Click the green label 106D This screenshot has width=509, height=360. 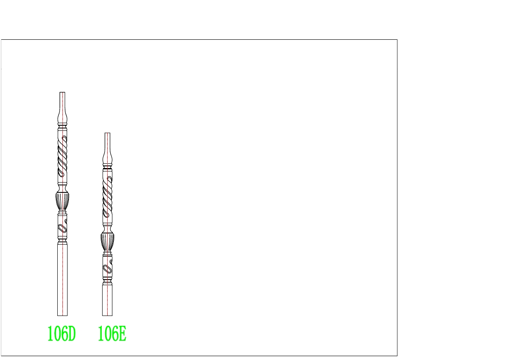point(62,334)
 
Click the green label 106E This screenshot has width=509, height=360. point(112,334)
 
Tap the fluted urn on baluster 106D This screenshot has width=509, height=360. point(63,201)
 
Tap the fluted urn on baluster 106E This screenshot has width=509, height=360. point(107,242)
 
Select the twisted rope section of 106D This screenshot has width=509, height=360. point(63,155)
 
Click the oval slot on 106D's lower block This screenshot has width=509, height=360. point(62,229)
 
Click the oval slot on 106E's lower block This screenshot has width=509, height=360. point(107,269)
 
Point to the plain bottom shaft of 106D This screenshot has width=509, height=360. point(62,280)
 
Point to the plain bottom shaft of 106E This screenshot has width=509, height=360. point(107,300)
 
